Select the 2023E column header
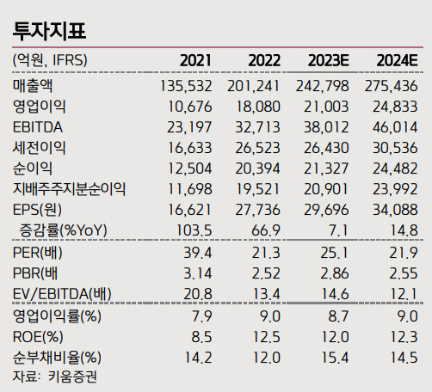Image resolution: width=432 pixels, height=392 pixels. pos(327,60)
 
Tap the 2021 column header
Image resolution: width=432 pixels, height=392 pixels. pos(197,60)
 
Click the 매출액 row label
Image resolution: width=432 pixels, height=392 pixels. pos(34,86)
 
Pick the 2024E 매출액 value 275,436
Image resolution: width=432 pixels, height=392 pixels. pos(392,86)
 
